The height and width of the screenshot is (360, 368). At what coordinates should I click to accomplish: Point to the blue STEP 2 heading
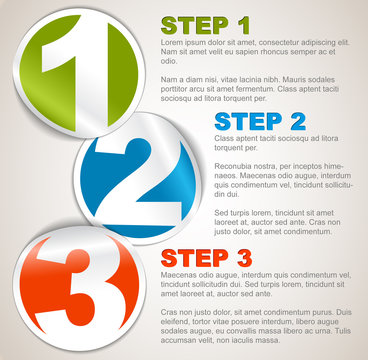[x=259, y=121]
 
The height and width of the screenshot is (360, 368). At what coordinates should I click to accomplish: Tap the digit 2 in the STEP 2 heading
[x=296, y=121]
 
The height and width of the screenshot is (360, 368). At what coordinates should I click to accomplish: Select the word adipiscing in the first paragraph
[x=320, y=44]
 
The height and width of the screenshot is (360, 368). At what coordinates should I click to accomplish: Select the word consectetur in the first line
[x=273, y=44]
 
